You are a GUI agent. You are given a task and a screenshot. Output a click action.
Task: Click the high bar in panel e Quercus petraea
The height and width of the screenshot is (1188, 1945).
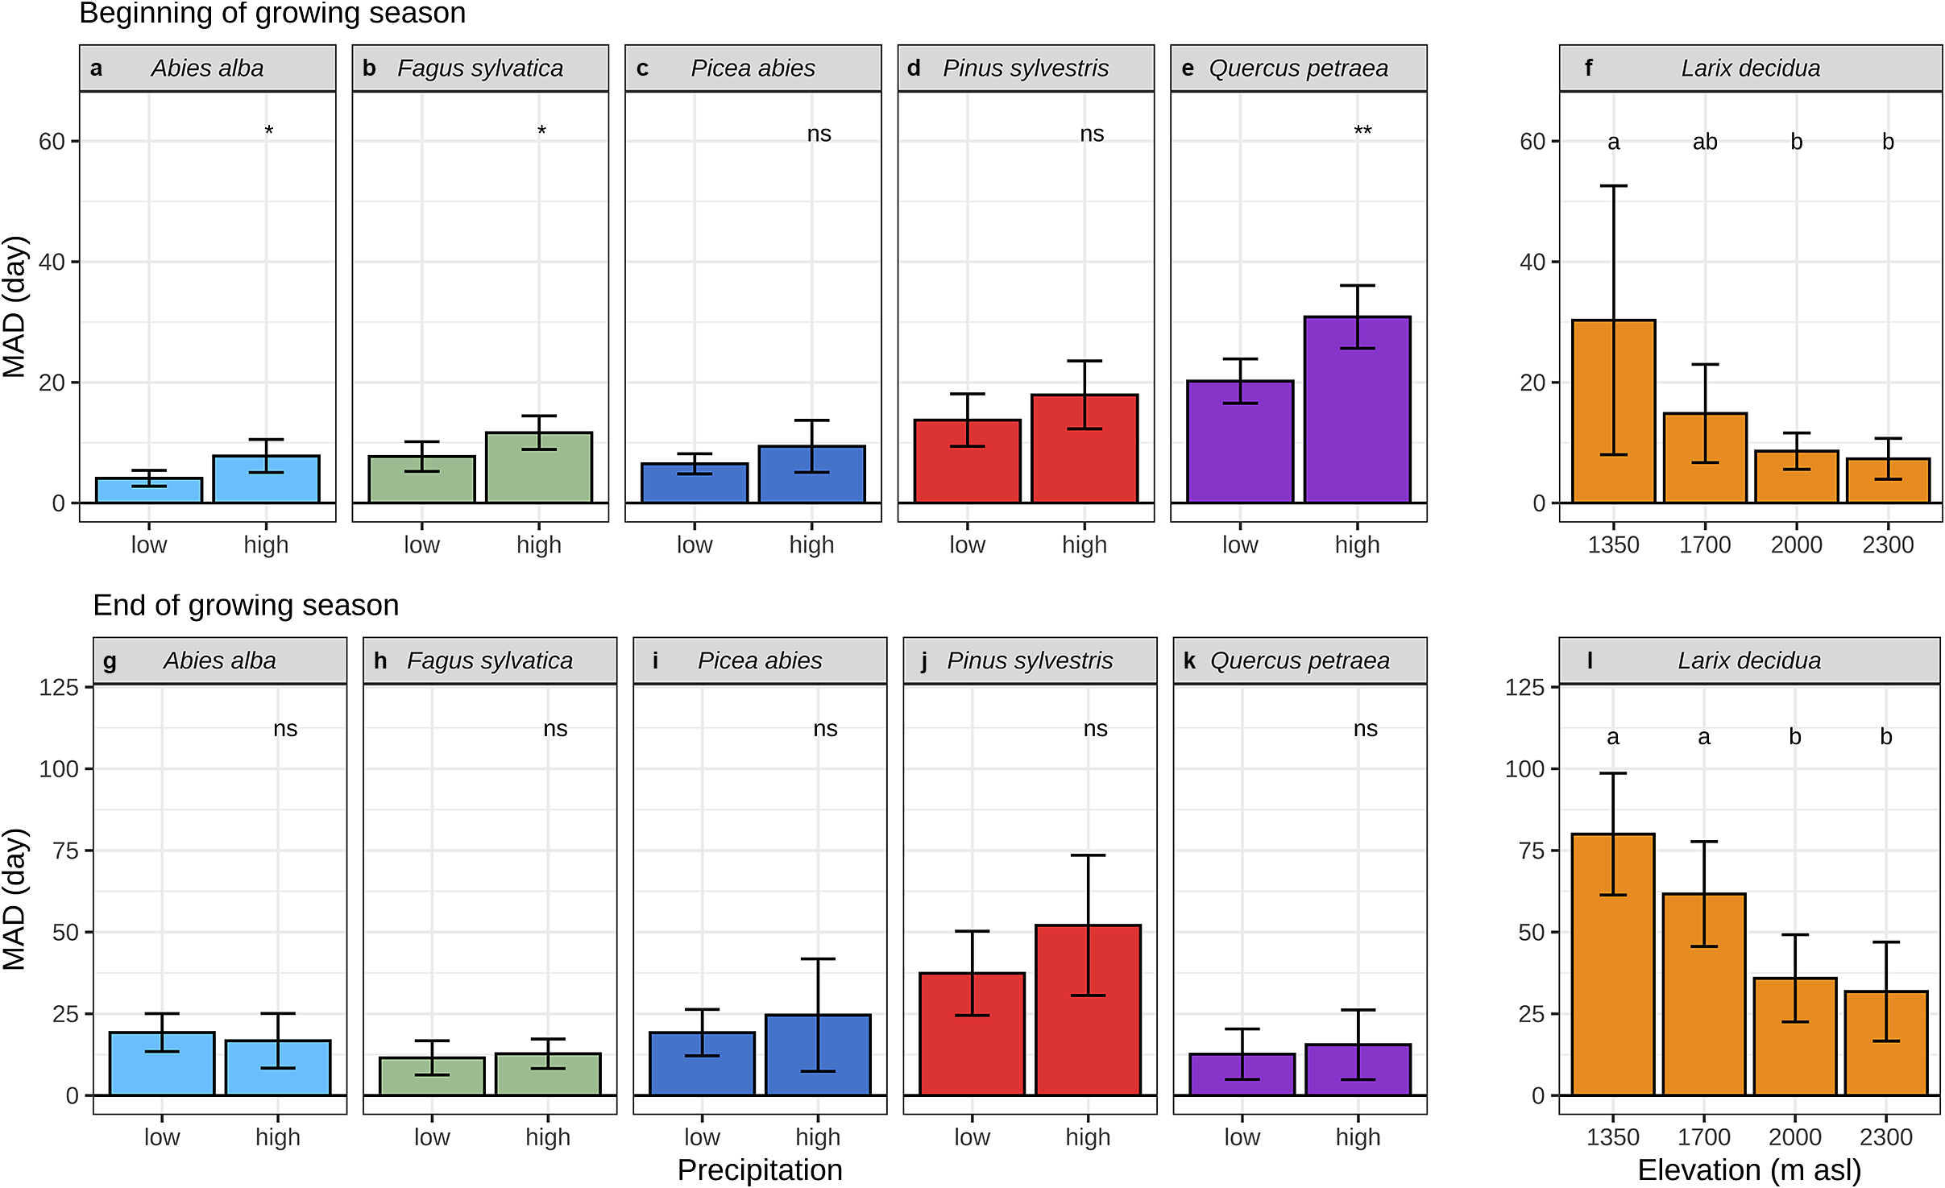[1357, 410]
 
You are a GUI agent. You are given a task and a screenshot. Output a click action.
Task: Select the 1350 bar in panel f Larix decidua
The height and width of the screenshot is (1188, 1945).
[1613, 412]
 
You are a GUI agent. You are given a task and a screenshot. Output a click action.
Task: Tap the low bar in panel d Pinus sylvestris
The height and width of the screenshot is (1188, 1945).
[967, 462]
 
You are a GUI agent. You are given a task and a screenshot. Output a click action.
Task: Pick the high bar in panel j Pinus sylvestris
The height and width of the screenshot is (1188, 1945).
[1088, 1010]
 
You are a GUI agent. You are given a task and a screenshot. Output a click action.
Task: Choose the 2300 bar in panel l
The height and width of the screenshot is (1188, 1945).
[1886, 1043]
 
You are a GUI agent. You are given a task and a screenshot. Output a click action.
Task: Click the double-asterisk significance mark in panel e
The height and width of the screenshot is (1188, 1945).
[1362, 131]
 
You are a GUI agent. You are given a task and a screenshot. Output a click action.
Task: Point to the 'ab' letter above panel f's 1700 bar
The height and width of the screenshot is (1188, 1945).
[1705, 143]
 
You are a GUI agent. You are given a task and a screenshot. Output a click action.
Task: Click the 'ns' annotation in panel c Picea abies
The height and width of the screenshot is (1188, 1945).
[819, 134]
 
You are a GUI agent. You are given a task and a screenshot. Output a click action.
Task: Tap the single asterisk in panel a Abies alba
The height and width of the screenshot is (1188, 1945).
[269, 130]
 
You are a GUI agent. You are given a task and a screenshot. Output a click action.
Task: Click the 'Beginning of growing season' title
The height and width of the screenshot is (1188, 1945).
[272, 13]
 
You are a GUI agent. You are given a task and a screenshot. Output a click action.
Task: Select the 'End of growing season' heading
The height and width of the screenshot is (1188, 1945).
[246, 605]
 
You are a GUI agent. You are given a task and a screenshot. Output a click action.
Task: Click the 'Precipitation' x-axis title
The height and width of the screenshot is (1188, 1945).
[760, 1169]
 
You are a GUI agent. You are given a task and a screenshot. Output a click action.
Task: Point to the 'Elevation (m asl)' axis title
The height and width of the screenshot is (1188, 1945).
[1749, 1169]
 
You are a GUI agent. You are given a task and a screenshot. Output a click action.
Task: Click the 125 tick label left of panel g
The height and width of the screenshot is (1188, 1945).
[59, 688]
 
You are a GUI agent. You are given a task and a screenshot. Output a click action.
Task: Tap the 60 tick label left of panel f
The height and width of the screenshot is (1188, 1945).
[1532, 142]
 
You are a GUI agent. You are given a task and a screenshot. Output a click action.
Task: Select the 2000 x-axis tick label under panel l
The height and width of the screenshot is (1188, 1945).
[1795, 1137]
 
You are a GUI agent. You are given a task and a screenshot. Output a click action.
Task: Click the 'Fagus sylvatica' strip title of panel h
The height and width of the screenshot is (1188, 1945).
[489, 660]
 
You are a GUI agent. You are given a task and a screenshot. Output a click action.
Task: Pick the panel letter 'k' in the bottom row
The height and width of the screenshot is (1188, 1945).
[1189, 660]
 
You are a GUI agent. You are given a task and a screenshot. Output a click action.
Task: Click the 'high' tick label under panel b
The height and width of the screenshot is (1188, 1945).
[538, 545]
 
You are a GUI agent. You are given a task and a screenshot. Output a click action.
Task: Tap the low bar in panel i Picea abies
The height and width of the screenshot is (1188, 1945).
[702, 1063]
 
